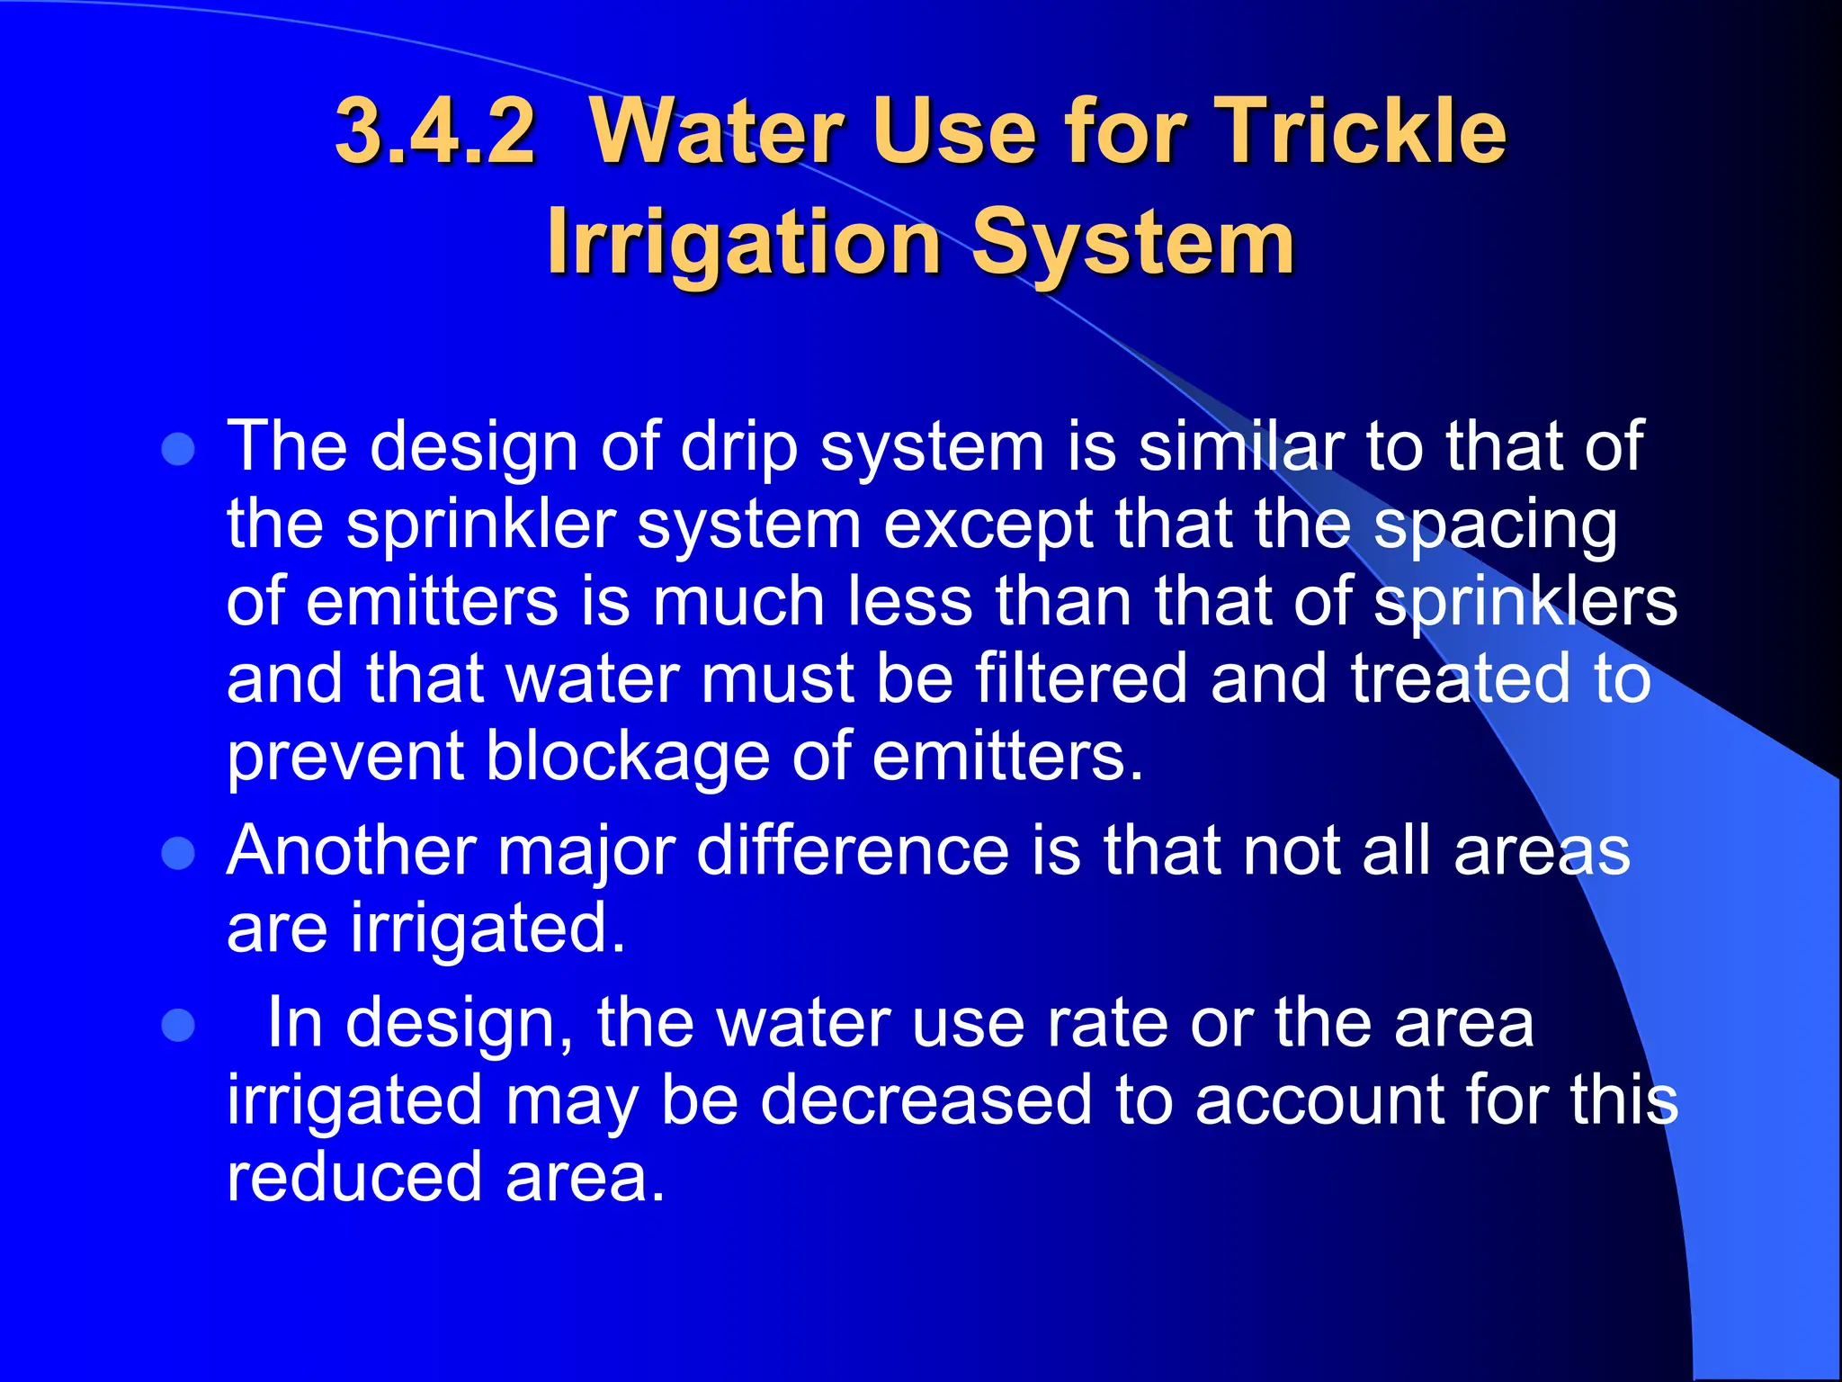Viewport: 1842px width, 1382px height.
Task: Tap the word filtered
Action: pos(1081,678)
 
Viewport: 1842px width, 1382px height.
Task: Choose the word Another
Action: pos(351,850)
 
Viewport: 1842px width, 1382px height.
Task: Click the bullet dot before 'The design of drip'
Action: pos(178,448)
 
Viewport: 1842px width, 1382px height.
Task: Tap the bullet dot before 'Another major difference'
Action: pos(178,852)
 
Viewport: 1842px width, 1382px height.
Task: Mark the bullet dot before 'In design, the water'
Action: pos(178,1025)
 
